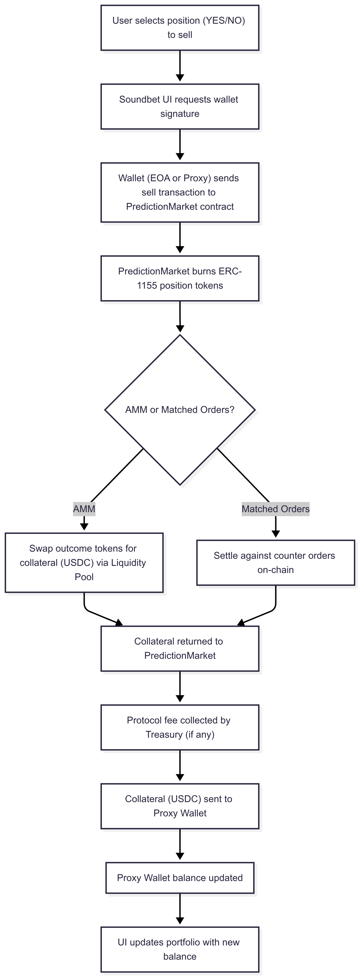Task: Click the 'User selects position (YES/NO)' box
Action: tap(180, 28)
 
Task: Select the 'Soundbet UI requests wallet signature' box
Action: tap(180, 107)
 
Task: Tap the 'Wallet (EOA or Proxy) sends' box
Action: tap(180, 192)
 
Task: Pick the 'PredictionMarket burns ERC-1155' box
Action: tap(180, 278)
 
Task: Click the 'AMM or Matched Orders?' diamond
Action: tap(180, 410)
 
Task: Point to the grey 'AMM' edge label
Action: tap(84, 509)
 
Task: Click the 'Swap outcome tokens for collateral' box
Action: tap(84, 563)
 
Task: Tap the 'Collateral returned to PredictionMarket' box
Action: tap(180, 648)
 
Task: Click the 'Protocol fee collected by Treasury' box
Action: tap(180, 728)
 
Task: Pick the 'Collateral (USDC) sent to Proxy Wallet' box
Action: tap(180, 806)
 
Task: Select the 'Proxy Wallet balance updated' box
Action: tap(180, 878)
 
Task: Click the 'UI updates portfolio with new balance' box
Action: tap(180, 949)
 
